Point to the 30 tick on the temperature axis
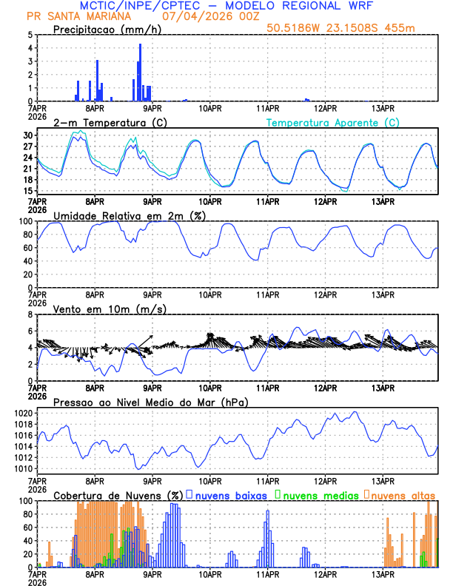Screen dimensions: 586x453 [x=28, y=136]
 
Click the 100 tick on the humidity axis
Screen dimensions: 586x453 [x=25, y=221]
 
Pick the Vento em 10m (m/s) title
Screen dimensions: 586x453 [x=110, y=309]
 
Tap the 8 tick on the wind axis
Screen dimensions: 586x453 [x=30, y=314]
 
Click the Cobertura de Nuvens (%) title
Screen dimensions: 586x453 [x=118, y=494]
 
